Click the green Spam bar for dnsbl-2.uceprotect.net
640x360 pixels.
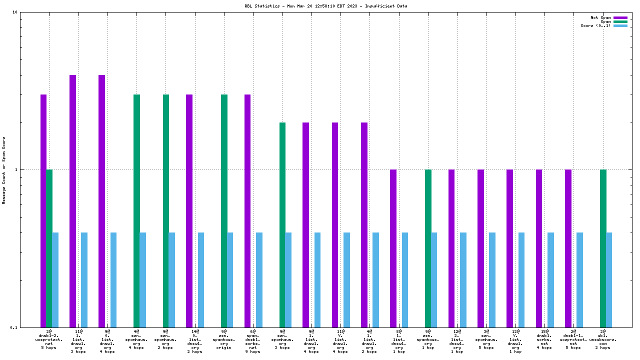click(49, 248)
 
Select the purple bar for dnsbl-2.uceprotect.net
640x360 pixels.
click(43, 210)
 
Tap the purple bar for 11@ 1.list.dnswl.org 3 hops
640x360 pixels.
click(72, 200)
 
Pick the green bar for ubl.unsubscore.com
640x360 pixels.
click(603, 248)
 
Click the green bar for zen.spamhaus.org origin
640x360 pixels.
click(224, 210)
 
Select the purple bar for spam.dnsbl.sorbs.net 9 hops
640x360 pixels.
click(247, 210)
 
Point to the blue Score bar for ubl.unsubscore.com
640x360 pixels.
click(609, 279)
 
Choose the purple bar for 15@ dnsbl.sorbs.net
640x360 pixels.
click(539, 248)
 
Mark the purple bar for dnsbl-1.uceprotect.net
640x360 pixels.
click(568, 248)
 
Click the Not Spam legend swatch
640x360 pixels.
click(620, 17)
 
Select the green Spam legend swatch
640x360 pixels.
click(620, 21)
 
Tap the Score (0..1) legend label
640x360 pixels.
click(595, 25)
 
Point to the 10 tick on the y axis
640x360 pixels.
click(15, 12)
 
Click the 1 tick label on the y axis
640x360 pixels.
click(16, 169)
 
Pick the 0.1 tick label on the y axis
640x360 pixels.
click(14, 327)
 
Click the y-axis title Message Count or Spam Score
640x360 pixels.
click(4, 170)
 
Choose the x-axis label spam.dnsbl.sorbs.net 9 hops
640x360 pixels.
click(253, 341)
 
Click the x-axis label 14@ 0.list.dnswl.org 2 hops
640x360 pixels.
click(194, 341)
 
